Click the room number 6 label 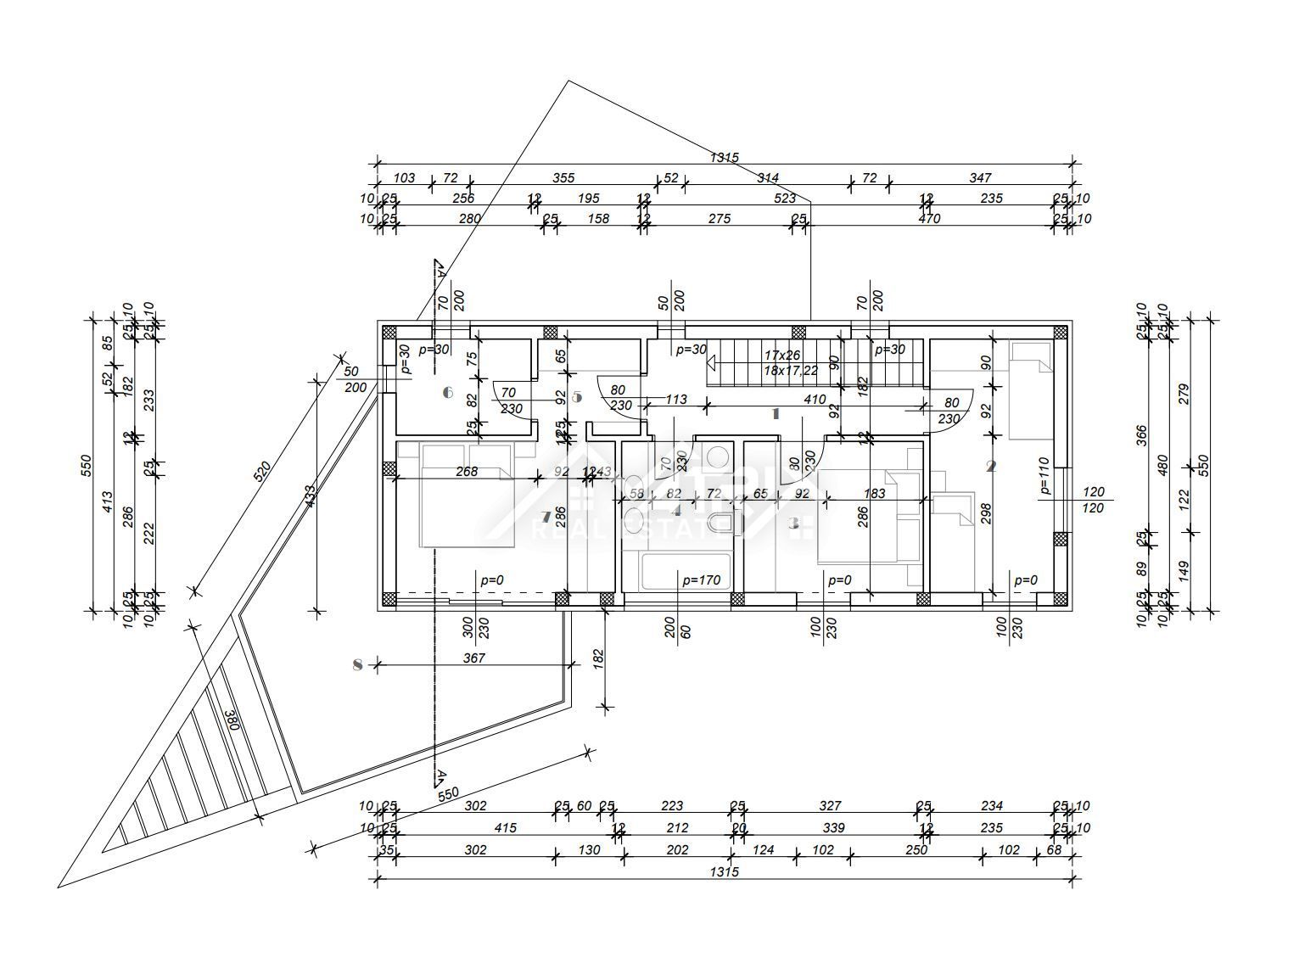point(449,393)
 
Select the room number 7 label point(546,517)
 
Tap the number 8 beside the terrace point(357,664)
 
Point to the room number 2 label point(990,466)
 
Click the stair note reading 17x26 point(781,355)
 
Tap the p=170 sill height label point(701,580)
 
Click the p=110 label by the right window point(1045,476)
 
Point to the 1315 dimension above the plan point(724,158)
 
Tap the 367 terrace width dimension point(474,658)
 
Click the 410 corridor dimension point(815,400)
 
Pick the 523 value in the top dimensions point(785,199)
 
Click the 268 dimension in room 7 point(466,472)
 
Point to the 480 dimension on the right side point(1163,465)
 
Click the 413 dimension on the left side point(108,503)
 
